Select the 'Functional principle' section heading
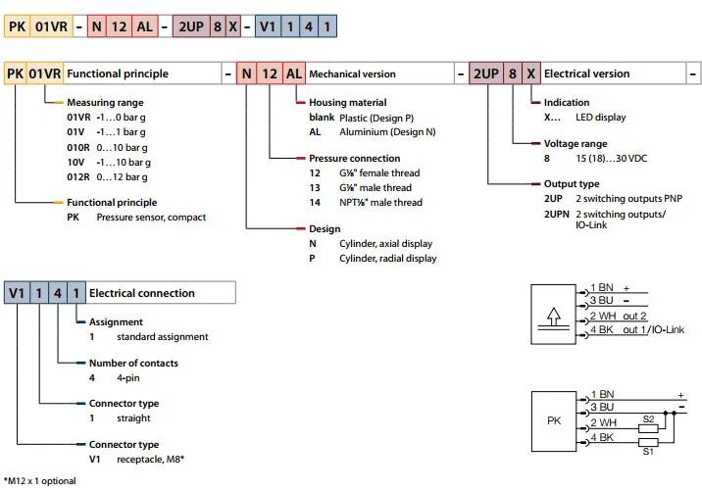[x=117, y=74]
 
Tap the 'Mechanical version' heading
[x=352, y=74]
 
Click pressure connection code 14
[x=315, y=202]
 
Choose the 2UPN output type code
[x=557, y=215]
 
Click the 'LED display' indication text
[x=597, y=118]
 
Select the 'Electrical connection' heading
[x=142, y=293]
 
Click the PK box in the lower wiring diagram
[x=553, y=420]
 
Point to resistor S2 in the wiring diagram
[x=647, y=426]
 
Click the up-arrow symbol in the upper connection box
[x=553, y=318]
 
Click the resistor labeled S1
[x=647, y=443]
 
